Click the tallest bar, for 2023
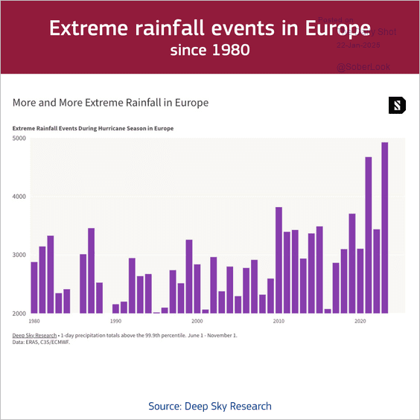point(385,227)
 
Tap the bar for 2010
point(279,260)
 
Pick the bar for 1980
point(34,287)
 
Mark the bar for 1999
point(189,276)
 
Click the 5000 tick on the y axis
point(19,139)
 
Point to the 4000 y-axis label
point(19,197)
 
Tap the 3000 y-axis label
point(19,255)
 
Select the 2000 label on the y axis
point(19,314)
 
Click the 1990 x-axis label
point(115,321)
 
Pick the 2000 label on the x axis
point(197,321)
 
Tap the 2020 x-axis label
point(360,321)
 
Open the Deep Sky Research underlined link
point(35,335)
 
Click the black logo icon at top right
point(398,105)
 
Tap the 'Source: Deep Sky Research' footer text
point(210,406)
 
